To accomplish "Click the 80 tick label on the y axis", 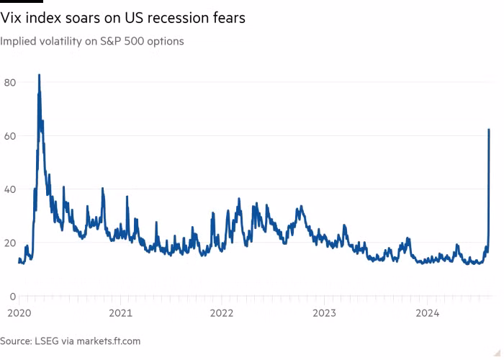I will [10, 83].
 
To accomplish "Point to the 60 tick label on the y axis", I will [10, 136].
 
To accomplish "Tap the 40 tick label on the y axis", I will [10, 189].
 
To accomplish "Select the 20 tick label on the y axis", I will [10, 243].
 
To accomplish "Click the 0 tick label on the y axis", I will [13, 296].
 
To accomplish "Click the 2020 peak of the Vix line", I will [39, 75].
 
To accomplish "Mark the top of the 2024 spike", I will [490, 130].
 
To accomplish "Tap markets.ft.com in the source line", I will [109, 341].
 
